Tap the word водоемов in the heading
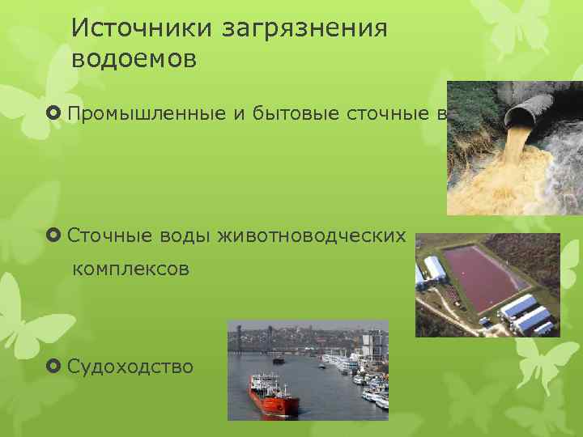(x=134, y=60)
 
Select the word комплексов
(x=131, y=269)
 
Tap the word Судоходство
(x=130, y=367)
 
